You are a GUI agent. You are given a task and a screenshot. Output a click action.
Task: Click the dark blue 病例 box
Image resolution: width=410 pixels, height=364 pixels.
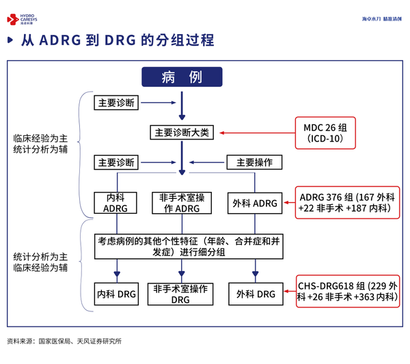pyautogui.click(x=182, y=76)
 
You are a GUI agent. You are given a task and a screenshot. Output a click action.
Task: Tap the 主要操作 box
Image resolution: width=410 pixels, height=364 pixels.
pyautogui.click(x=254, y=162)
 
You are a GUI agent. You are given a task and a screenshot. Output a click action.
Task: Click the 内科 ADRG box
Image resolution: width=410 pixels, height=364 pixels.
pyautogui.click(x=116, y=203)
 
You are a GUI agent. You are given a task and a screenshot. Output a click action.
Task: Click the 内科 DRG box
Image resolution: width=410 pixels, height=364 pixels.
pyautogui.click(x=116, y=294)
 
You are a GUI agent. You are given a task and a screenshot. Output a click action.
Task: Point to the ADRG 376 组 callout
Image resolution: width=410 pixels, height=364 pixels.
pyautogui.click(x=346, y=203)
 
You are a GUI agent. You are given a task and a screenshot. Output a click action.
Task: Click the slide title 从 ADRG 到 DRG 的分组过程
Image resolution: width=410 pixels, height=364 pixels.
pyautogui.click(x=117, y=40)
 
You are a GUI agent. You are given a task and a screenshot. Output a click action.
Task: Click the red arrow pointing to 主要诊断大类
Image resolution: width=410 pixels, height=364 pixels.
pyautogui.click(x=254, y=132)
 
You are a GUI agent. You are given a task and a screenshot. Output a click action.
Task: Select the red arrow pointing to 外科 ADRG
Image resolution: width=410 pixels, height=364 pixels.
pyautogui.click(x=287, y=203)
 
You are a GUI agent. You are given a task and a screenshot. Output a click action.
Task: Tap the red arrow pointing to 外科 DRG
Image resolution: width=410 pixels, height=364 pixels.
pyautogui.click(x=287, y=294)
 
